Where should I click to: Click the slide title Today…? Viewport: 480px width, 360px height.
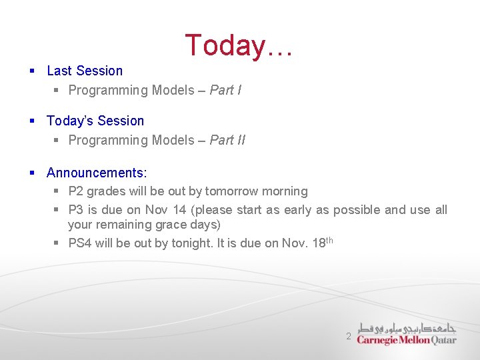click(239, 45)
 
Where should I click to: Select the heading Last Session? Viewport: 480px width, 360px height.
click(85, 71)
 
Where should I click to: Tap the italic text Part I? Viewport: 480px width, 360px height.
click(225, 90)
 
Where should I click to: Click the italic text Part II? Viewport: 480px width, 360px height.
click(227, 140)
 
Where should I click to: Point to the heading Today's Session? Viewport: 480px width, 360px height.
click(95, 121)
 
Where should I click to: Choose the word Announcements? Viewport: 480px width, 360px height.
click(96, 173)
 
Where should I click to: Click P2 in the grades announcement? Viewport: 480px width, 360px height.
click(76, 191)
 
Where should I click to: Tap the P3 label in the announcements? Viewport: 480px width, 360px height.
click(76, 210)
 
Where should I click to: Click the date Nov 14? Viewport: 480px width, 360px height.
click(165, 210)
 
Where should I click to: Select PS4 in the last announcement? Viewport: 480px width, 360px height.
click(80, 243)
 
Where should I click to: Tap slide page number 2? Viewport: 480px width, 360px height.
click(348, 337)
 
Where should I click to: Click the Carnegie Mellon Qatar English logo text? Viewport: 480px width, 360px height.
click(407, 340)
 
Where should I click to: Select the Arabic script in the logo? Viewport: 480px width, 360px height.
click(407, 328)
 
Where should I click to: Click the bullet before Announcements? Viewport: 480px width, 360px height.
click(32, 173)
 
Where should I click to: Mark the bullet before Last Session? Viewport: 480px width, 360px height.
click(32, 71)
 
